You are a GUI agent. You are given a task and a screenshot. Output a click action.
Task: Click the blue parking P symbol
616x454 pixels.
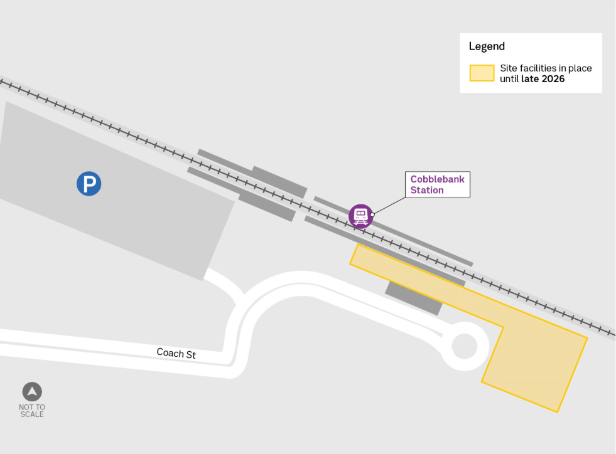[89, 184]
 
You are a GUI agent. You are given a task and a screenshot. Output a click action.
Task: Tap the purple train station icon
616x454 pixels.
[360, 216]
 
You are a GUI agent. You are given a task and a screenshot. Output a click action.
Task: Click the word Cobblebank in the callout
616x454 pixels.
[438, 179]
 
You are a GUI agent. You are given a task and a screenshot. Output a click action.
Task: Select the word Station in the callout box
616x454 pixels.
[427, 190]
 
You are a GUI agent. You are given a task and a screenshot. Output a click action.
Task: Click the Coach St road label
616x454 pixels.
[176, 354]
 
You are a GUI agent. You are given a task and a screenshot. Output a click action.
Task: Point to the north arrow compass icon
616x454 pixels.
[32, 392]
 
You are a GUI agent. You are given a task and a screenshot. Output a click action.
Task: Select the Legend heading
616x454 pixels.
[487, 46]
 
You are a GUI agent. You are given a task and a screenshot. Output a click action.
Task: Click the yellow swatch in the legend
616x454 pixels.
[482, 73]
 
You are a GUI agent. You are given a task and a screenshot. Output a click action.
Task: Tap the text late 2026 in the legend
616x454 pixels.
[543, 79]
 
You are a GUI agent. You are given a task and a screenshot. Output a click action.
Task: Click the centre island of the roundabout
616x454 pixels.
[465, 346]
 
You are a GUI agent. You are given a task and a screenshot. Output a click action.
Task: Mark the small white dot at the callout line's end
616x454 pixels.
[372, 214]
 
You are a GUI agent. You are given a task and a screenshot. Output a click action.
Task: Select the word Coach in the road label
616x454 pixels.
[169, 352]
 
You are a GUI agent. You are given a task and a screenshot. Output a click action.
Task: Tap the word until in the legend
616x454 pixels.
[509, 79]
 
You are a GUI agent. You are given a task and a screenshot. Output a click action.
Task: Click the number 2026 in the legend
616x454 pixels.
[553, 79]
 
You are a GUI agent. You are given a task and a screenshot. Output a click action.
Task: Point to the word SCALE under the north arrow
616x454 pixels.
[32, 414]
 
